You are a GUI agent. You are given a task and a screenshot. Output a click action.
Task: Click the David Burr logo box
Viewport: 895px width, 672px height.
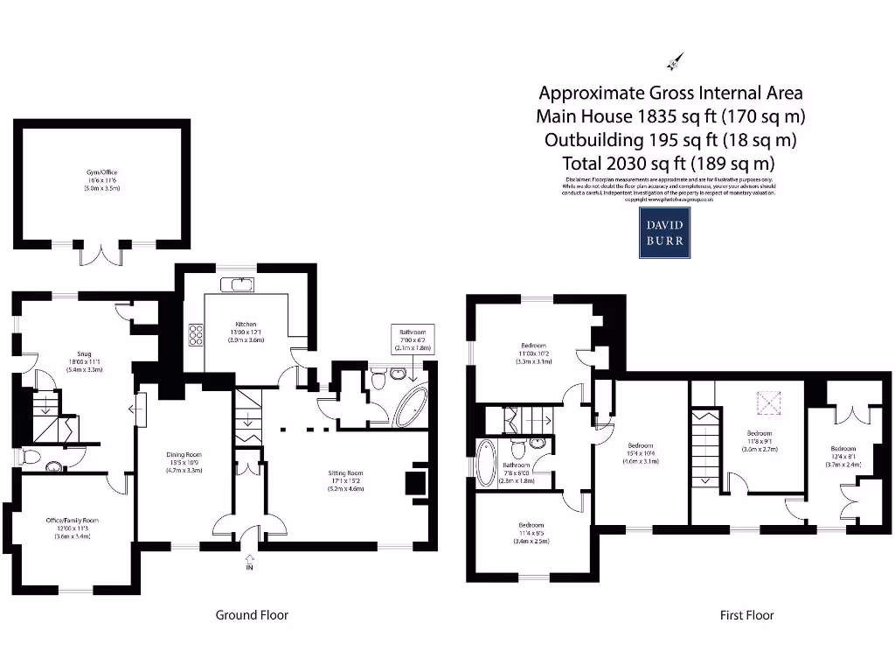[667, 233]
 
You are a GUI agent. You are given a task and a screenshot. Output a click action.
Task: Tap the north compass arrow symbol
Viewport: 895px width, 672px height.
[675, 62]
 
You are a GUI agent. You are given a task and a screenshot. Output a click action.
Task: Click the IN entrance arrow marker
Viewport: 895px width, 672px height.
[250, 560]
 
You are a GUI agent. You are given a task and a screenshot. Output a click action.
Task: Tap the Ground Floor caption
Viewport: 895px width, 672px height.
[252, 615]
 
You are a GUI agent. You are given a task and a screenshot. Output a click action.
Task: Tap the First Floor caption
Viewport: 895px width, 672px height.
[746, 615]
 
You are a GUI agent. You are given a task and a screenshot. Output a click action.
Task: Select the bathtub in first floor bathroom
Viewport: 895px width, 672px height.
[486, 461]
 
